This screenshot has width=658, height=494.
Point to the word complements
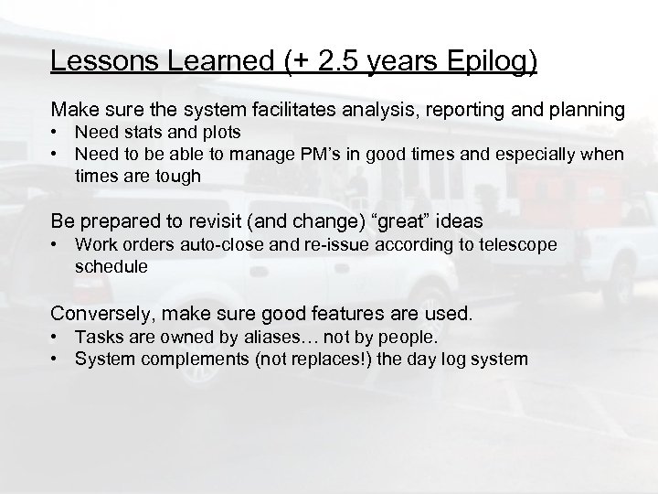pyautogui.click(x=183, y=359)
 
